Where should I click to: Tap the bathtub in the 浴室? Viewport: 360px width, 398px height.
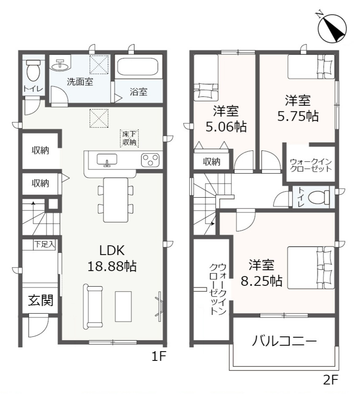coord(137,67)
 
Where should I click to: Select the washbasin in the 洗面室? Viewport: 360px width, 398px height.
coord(61,65)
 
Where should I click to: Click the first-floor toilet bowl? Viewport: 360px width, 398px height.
coord(33,71)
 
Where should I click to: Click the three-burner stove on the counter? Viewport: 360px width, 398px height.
coord(150,160)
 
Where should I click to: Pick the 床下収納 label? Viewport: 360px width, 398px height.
coord(130,138)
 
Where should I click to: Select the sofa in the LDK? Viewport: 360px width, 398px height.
coord(93,307)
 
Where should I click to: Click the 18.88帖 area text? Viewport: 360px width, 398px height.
coord(111,266)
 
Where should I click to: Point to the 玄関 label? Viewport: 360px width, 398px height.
coord(41,301)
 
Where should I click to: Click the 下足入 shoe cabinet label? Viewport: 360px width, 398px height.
coord(44,244)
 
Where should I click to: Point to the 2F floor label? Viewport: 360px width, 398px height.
coord(331,379)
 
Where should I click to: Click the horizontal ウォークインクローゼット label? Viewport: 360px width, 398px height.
coord(311,164)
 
